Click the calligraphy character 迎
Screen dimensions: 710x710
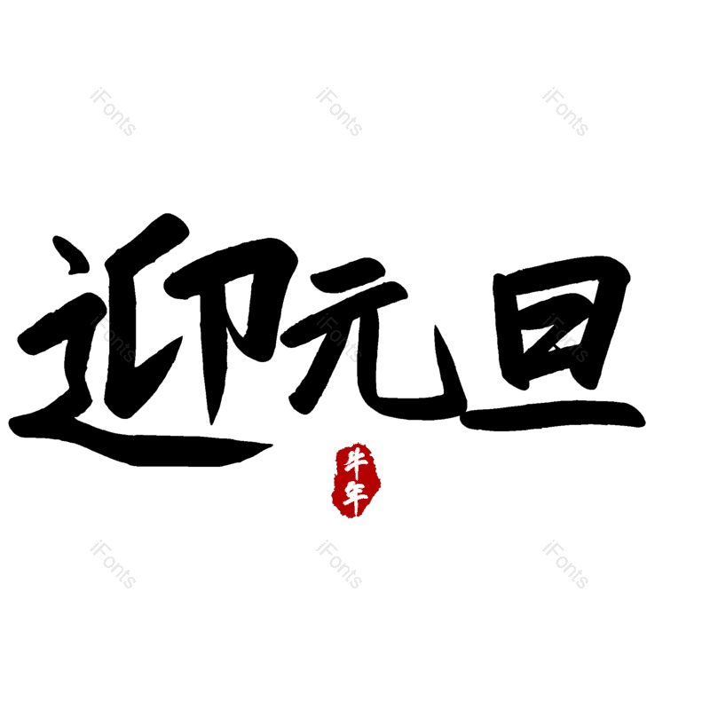point(142,346)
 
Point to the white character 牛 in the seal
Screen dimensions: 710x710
point(357,462)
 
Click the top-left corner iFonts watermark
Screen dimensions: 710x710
point(113,112)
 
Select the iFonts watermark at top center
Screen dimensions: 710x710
point(339,112)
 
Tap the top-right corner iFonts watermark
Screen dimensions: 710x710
point(565,112)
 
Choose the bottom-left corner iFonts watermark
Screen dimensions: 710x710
point(113,564)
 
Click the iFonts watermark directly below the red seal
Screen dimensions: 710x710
point(339,564)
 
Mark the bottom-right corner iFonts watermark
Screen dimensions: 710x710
point(565,564)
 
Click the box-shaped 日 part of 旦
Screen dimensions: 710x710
point(559,324)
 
